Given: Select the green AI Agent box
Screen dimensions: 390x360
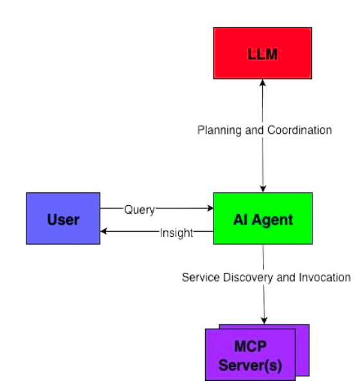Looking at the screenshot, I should point(262,219).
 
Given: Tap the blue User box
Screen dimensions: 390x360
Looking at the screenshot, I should point(63,219).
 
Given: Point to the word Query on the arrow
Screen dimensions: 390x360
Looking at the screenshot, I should point(139,209).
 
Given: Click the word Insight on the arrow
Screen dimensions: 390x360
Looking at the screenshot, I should point(176,233).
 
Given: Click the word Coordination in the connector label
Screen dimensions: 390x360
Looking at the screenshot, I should point(300,130).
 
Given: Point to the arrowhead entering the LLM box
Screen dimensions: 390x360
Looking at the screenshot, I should point(262,83).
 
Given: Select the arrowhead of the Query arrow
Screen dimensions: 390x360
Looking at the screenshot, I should point(209,209).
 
